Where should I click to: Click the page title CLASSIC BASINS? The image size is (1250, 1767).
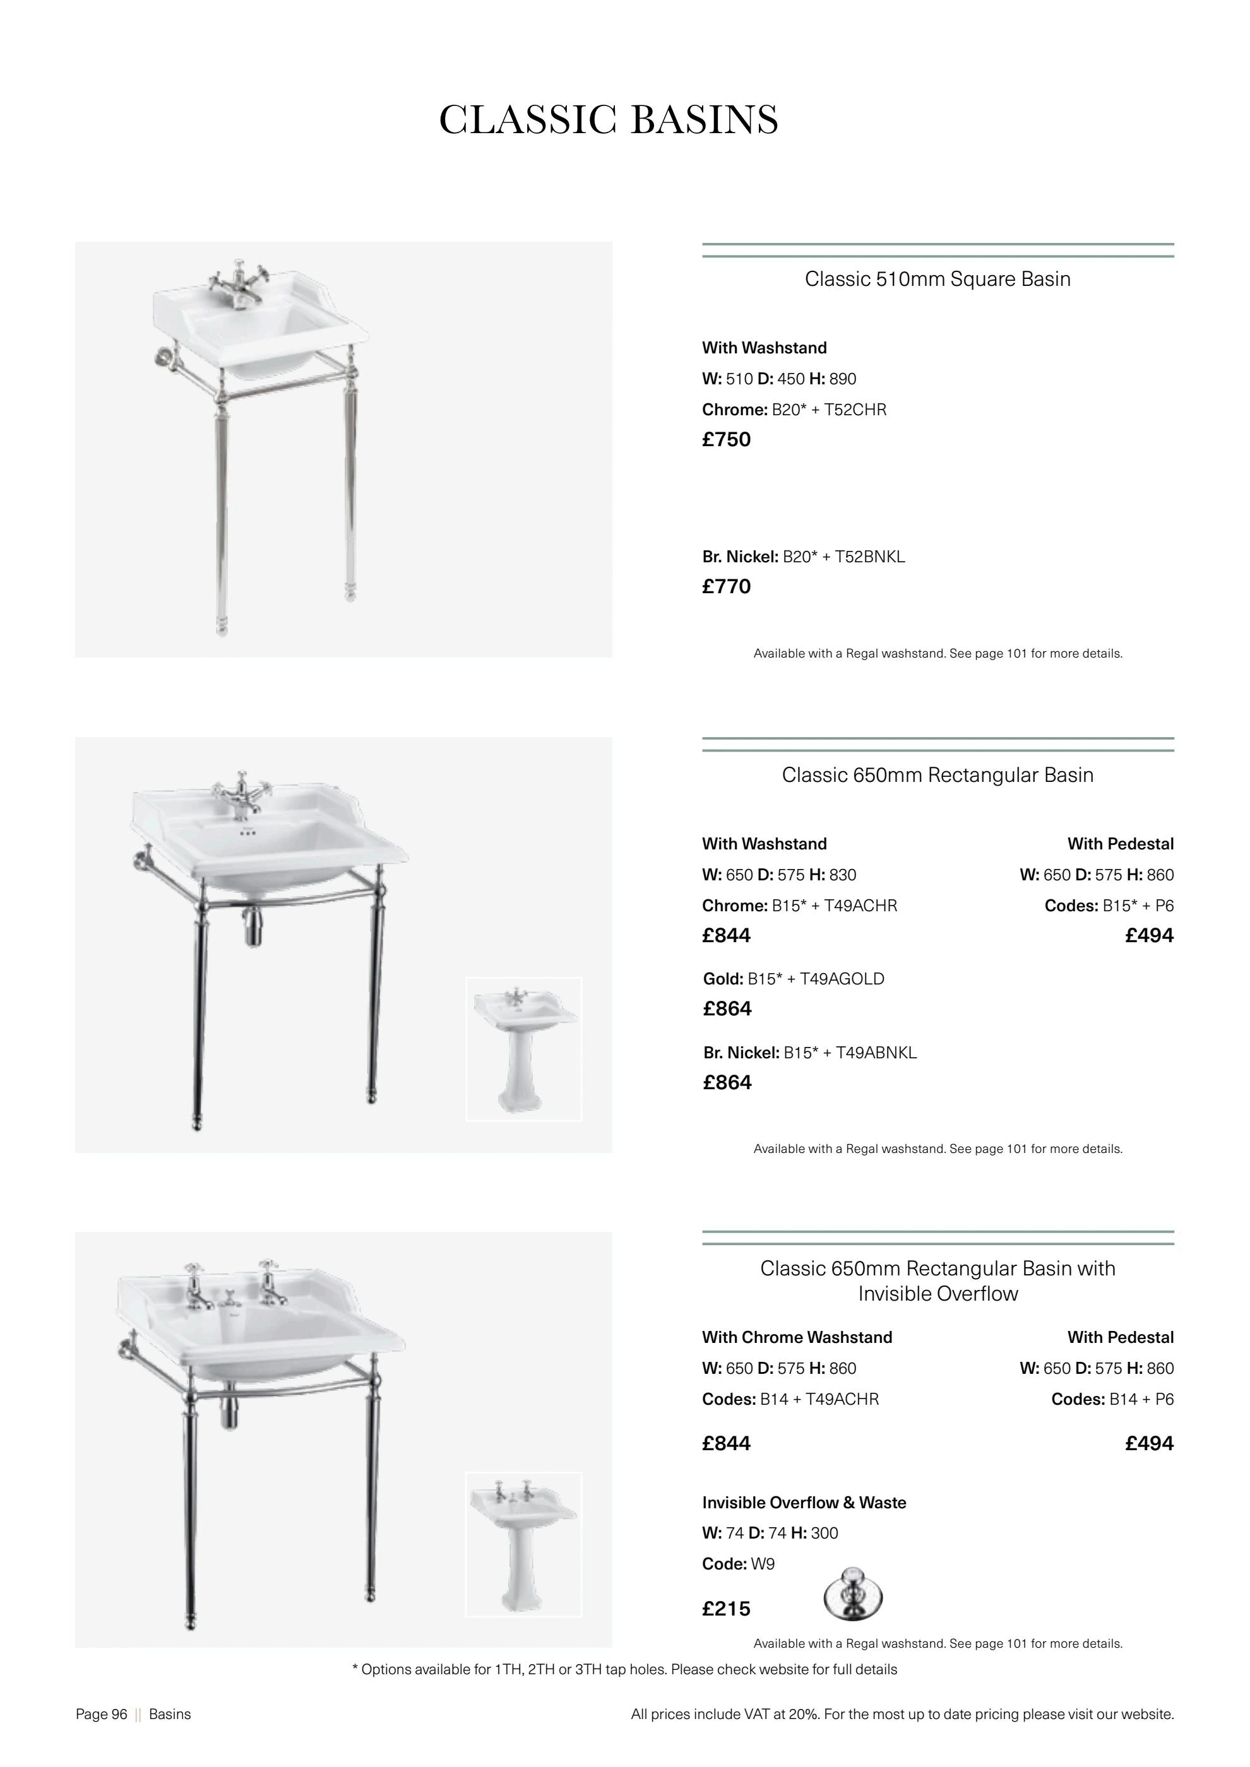pos(608,120)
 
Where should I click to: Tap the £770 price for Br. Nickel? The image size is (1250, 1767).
pos(726,586)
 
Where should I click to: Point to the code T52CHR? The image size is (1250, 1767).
pos(855,410)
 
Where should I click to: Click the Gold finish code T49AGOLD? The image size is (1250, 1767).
pos(842,979)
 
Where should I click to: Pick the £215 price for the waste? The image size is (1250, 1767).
pos(726,1609)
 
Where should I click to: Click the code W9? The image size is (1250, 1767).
pos(763,1564)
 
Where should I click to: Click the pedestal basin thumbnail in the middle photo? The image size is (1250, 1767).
pos(523,1049)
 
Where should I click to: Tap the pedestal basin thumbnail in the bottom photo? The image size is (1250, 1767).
pos(523,1545)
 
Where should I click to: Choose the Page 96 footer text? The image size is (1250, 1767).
pos(102,1714)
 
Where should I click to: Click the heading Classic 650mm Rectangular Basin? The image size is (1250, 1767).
pos(937,775)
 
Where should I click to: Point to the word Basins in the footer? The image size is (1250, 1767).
pos(169,1714)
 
